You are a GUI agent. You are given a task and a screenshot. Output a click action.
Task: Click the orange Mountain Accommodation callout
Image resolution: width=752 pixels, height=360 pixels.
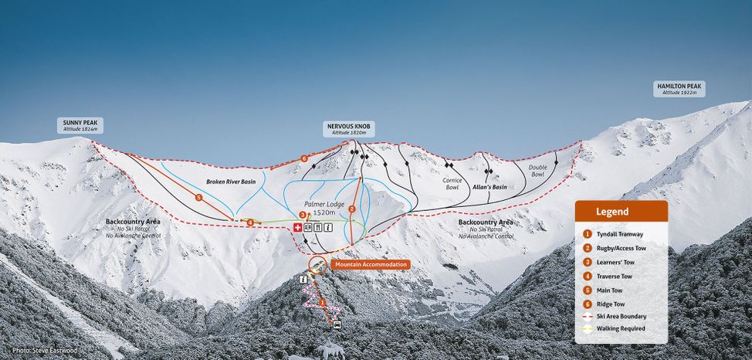pos(371,264)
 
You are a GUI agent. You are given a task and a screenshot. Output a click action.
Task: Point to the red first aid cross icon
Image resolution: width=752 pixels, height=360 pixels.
pos(296,227)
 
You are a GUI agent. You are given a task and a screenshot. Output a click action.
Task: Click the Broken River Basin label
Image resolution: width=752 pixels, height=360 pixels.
pos(230,182)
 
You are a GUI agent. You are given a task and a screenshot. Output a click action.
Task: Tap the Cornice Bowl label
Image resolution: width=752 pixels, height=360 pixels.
pos(452,184)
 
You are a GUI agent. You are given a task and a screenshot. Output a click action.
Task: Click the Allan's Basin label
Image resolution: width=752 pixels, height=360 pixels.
pos(489,187)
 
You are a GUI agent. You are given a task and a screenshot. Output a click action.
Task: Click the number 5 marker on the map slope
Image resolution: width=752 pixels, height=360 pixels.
pos(199,199)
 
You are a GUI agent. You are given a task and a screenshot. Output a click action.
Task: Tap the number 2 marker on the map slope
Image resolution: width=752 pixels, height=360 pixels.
pos(352,209)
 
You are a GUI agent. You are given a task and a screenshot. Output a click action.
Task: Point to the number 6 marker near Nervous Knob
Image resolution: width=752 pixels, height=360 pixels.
pos(304,158)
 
